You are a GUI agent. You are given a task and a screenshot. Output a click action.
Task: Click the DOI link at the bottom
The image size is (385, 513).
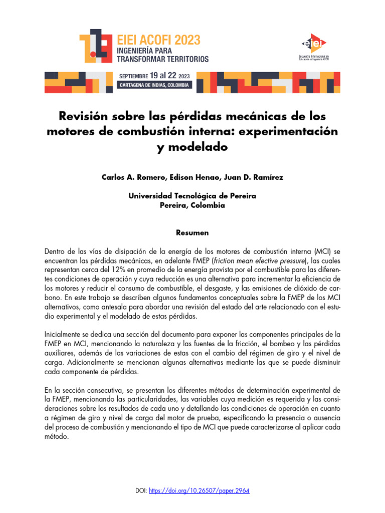(200, 490)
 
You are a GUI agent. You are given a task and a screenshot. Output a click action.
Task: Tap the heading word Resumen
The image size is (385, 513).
(192, 233)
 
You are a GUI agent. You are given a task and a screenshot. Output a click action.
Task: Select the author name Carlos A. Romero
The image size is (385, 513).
(130, 177)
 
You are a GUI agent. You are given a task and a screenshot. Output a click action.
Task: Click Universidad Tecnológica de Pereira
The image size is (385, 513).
(192, 196)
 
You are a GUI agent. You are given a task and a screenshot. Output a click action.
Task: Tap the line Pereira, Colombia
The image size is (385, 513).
(192, 205)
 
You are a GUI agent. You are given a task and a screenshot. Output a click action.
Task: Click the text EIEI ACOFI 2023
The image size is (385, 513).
(158, 40)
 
